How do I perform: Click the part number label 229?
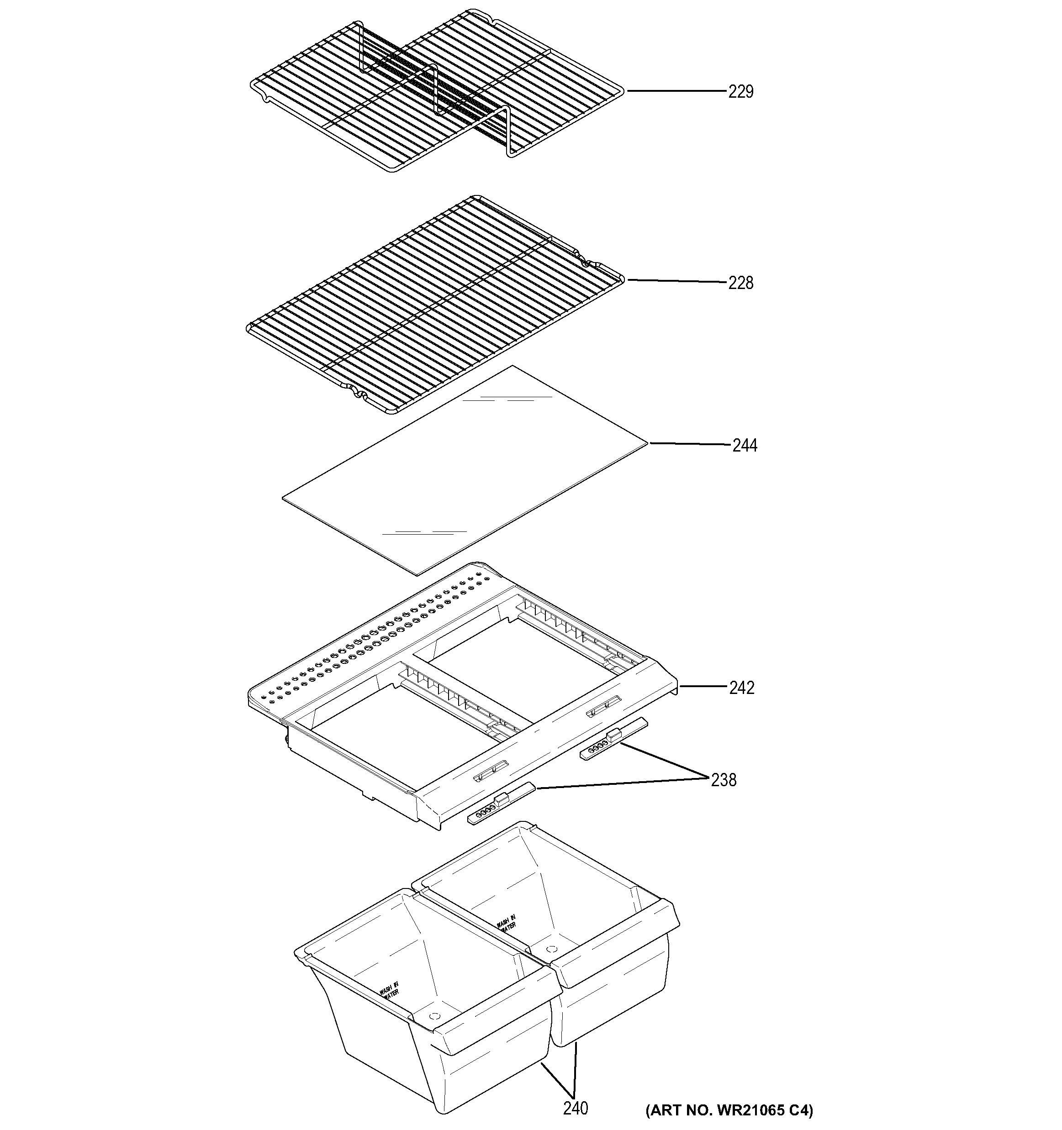click(x=741, y=91)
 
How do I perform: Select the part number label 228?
click(x=741, y=283)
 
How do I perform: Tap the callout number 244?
click(x=744, y=446)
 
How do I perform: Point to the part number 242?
click(x=742, y=688)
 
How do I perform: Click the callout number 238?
click(x=723, y=780)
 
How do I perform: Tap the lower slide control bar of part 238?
click(x=500, y=803)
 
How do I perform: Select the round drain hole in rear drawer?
click(x=550, y=949)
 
